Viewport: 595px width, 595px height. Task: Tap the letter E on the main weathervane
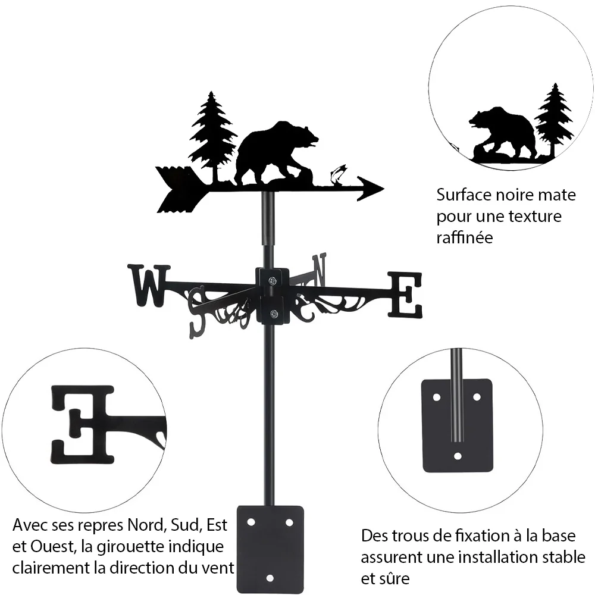click(405, 295)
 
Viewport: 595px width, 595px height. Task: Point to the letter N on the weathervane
click(319, 270)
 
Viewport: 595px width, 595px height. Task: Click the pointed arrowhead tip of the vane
click(383, 188)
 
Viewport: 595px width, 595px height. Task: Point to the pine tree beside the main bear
click(212, 134)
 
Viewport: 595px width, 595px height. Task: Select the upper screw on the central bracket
click(273, 281)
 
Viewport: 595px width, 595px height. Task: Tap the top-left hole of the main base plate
click(251, 522)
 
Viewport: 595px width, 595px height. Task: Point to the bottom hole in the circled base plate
click(458, 456)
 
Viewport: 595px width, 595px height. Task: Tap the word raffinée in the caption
click(465, 237)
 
